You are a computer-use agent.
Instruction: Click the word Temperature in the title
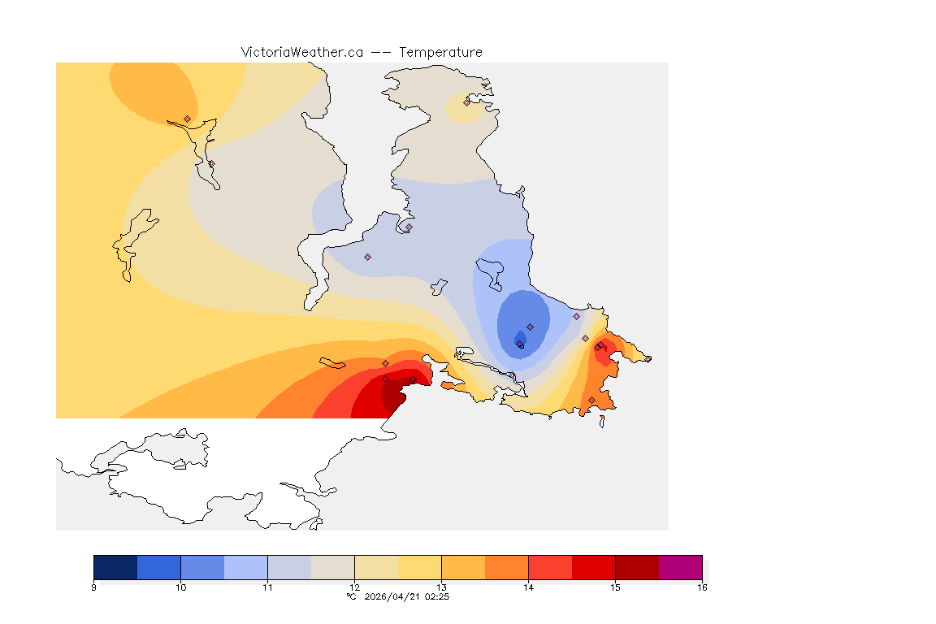tap(440, 52)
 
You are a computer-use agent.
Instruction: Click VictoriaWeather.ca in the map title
tap(301, 52)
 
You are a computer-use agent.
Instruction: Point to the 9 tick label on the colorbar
tap(94, 587)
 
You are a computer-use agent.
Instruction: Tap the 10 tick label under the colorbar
tap(180, 587)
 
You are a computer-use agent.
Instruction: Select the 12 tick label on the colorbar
tap(354, 587)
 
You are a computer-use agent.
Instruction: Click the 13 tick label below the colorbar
tap(441, 587)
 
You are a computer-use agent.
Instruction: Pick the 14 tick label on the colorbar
tap(528, 587)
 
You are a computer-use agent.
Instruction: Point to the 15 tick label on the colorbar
tap(615, 587)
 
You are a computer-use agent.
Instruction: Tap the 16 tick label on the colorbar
tap(701, 587)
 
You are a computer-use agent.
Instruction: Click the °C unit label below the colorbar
tap(351, 596)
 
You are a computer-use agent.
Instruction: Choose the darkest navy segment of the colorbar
tap(115, 567)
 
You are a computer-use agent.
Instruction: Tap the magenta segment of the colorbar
tap(680, 567)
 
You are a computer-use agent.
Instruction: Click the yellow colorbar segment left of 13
tap(419, 567)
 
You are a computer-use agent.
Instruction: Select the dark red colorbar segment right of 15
tap(637, 567)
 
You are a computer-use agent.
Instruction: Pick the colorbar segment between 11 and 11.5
tap(289, 567)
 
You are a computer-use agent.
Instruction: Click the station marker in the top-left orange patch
tap(187, 119)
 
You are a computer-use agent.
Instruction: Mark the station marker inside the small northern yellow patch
tap(467, 102)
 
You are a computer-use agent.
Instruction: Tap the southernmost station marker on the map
tap(591, 400)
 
